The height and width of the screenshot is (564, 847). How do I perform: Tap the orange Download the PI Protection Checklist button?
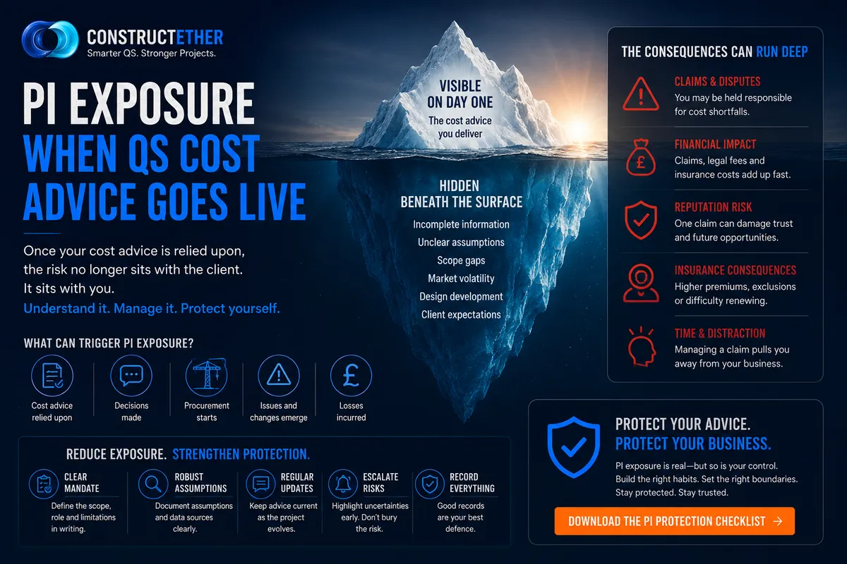(x=675, y=521)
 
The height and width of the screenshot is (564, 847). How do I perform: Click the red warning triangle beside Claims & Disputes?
(x=641, y=94)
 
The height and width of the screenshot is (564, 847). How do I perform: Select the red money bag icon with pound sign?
(x=641, y=158)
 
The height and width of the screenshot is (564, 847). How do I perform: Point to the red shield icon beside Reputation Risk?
(x=641, y=220)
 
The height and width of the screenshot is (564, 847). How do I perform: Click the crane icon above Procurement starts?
(x=206, y=375)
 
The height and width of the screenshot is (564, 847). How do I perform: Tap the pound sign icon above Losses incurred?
(x=351, y=376)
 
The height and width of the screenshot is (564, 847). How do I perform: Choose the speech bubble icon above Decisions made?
(x=131, y=376)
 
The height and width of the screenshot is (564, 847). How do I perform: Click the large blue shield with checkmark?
(x=574, y=447)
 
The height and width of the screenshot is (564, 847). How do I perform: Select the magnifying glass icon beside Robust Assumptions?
(x=152, y=484)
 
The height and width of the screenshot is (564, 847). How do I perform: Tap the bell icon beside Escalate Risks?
(x=343, y=484)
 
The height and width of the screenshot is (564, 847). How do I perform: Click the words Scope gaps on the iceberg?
(x=461, y=260)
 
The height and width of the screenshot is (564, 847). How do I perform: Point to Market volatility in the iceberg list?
(x=461, y=278)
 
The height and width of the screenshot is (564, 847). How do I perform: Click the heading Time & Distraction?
(x=720, y=333)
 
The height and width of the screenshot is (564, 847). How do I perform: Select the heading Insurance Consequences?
(x=735, y=270)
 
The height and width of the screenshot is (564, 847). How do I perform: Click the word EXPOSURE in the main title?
(x=162, y=104)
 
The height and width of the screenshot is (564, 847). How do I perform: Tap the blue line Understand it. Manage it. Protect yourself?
(x=152, y=309)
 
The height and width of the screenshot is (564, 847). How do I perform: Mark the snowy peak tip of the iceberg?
(x=454, y=22)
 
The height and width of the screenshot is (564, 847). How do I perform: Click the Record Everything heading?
(x=472, y=483)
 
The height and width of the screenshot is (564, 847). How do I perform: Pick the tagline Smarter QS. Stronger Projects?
(x=151, y=54)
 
